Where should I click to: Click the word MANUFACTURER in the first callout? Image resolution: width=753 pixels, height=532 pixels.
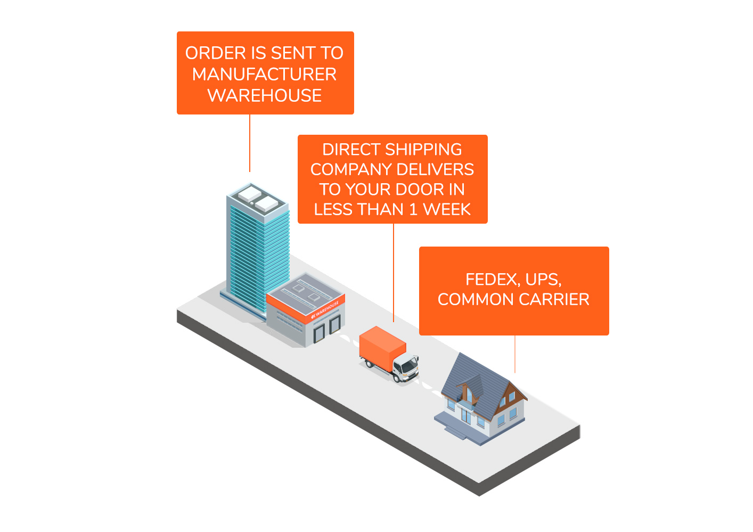point(264,74)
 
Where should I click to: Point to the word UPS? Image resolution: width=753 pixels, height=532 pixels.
point(543,280)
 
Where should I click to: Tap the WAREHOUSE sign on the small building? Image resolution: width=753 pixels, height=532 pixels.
point(325,310)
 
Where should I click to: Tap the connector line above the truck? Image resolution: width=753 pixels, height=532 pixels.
point(394,272)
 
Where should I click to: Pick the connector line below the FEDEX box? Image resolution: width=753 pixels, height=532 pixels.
point(515,354)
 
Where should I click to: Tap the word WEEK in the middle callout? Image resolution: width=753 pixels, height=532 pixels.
point(447,210)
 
